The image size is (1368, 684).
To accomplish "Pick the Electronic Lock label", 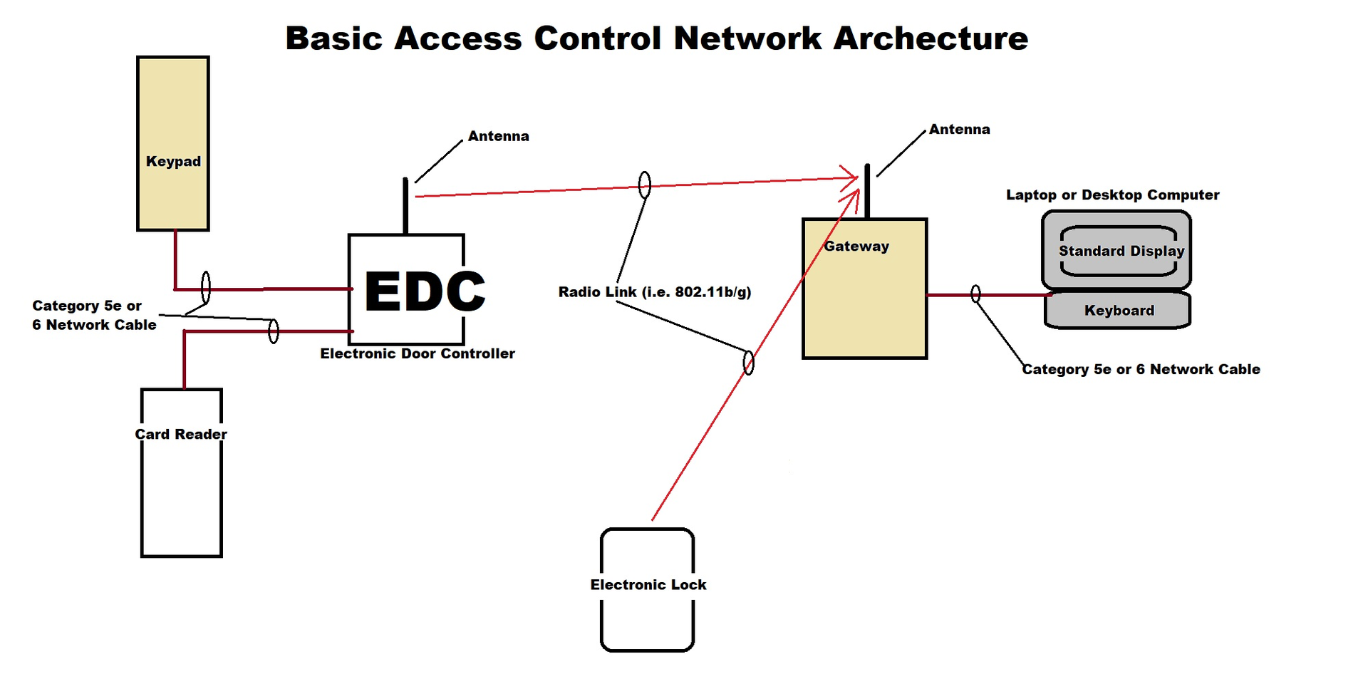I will pyautogui.click(x=648, y=585).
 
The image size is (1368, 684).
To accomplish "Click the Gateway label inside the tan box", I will pyautogui.click(x=856, y=247).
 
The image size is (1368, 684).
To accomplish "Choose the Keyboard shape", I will pyautogui.click(x=1118, y=311).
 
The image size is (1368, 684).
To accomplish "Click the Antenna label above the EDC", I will pyautogui.click(x=498, y=136).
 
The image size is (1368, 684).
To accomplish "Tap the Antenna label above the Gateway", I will pyautogui.click(x=959, y=129).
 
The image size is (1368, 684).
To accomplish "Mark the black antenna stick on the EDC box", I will pyautogui.click(x=405, y=206).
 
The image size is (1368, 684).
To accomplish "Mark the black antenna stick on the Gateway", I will pyautogui.click(x=867, y=190).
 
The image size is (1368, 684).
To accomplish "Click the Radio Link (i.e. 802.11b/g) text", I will pyautogui.click(x=654, y=292).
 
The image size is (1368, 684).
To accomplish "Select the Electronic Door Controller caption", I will pyautogui.click(x=417, y=353).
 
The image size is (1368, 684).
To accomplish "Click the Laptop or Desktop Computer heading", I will pyautogui.click(x=1112, y=195).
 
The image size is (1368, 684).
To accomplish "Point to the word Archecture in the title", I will pyautogui.click(x=931, y=38).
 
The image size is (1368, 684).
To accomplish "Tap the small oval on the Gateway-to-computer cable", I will pyautogui.click(x=975, y=294).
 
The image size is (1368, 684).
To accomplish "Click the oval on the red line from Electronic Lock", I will pyautogui.click(x=748, y=363).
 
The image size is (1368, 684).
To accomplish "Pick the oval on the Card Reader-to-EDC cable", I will pyautogui.click(x=274, y=331).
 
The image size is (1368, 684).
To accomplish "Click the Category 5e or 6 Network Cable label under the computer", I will pyautogui.click(x=1141, y=369).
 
